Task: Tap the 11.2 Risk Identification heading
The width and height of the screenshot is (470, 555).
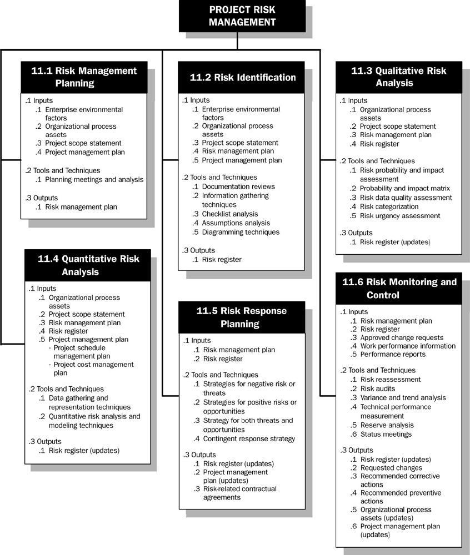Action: (x=242, y=78)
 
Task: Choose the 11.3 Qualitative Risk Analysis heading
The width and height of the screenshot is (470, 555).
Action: (x=398, y=77)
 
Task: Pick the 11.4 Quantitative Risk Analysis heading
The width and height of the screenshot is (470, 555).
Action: (x=88, y=265)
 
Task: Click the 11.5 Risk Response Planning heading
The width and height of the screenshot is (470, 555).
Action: (x=242, y=317)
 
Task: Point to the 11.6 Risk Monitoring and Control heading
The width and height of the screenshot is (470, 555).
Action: (x=398, y=288)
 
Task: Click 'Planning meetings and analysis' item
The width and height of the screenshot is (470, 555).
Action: (x=94, y=179)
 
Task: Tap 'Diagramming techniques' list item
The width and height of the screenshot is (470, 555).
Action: (x=241, y=232)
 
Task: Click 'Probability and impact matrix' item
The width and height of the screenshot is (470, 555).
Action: (x=405, y=189)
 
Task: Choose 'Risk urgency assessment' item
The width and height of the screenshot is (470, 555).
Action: (x=400, y=215)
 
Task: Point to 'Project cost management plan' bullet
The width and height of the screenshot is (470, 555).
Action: (x=93, y=369)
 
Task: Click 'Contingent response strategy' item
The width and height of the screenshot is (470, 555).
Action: (x=249, y=439)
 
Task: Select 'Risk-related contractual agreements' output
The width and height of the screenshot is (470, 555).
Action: (x=239, y=493)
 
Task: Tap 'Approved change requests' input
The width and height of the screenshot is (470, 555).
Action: (x=402, y=337)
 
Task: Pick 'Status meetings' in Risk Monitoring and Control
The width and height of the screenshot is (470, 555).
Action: (x=386, y=434)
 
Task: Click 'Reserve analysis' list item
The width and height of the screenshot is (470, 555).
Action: (x=387, y=425)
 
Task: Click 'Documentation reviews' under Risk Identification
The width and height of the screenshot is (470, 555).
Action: (x=238, y=186)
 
